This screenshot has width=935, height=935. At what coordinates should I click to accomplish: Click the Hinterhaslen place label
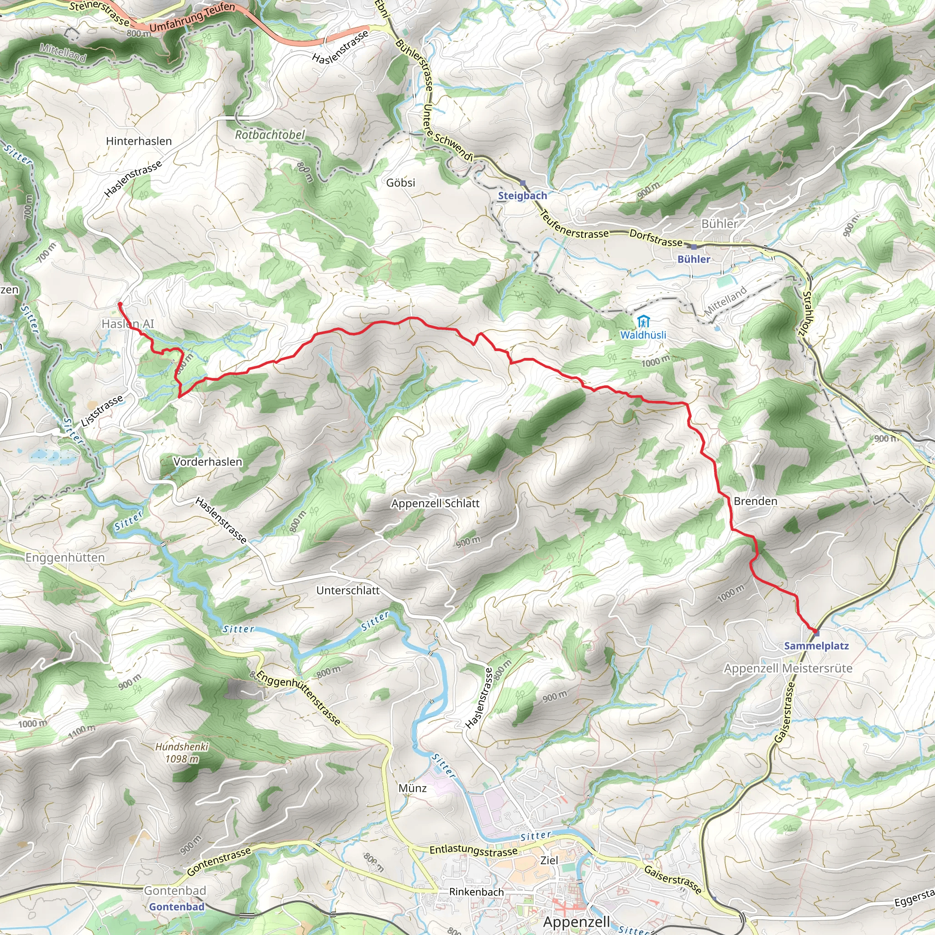point(139,142)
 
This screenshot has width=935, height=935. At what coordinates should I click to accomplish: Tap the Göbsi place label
point(401,183)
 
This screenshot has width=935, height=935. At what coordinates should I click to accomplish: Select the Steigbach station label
point(523,196)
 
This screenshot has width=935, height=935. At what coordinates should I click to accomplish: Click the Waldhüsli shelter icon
point(643,321)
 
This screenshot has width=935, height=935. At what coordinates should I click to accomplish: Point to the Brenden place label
point(756,501)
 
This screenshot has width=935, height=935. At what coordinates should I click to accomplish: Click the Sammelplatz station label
point(816,646)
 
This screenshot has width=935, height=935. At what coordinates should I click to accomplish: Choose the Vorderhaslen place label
point(208,462)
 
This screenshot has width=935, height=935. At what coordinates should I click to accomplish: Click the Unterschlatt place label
point(348,590)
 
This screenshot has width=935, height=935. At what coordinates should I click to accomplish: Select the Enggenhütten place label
point(65,557)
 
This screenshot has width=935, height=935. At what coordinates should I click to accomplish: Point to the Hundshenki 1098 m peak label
point(182,753)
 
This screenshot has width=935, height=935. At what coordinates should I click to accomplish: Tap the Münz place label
point(413,788)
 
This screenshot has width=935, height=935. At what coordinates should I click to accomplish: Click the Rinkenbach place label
point(477,892)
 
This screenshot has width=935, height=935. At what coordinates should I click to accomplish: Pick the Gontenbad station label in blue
point(177,907)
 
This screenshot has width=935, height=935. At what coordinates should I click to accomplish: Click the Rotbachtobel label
point(270,135)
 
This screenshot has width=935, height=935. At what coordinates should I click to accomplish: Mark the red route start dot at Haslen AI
point(120,304)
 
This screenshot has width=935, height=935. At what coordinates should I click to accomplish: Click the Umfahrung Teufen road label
point(193,18)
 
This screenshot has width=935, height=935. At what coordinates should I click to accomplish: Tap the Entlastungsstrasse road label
point(474,851)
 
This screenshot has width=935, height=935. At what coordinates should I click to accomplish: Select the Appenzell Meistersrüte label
point(788,668)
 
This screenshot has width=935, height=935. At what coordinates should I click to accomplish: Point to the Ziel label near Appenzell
point(549,861)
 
